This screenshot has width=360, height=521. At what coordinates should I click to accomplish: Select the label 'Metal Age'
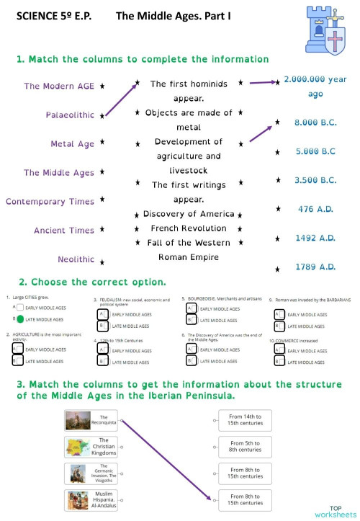pyautogui.click(x=72, y=143)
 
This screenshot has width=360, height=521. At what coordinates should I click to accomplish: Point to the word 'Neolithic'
pyautogui.click(x=76, y=259)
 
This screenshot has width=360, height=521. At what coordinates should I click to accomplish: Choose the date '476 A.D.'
pyautogui.click(x=315, y=209)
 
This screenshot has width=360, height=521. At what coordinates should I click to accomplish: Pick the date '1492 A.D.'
pyautogui.click(x=315, y=238)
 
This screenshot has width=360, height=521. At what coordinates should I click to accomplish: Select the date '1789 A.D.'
pyautogui.click(x=315, y=267)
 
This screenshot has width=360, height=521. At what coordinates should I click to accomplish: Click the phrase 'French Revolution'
pyautogui.click(x=188, y=228)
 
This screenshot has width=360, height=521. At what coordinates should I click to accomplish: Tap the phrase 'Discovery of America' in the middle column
pyautogui.click(x=189, y=214)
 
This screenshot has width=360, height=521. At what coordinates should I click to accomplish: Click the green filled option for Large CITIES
pyautogui.click(x=20, y=319)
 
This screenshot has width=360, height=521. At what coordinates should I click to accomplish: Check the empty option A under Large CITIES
pyautogui.click(x=20, y=308)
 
